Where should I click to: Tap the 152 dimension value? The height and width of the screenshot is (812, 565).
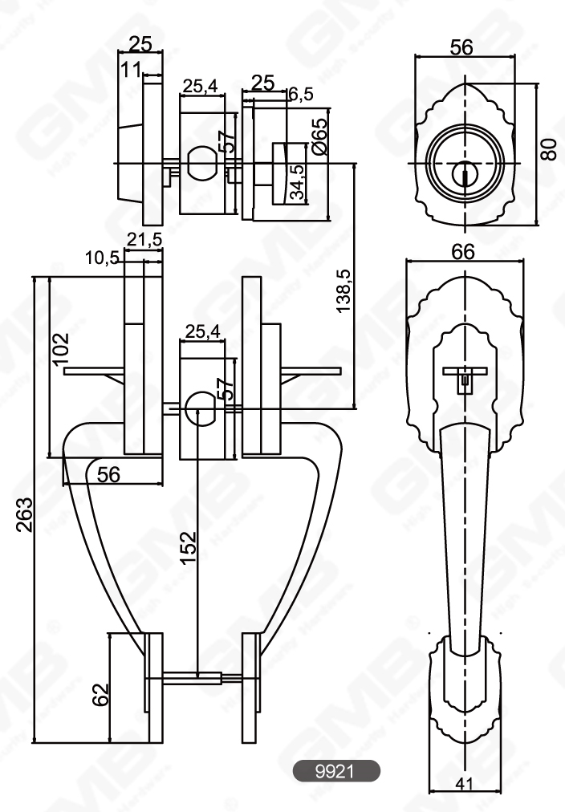[x=187, y=548]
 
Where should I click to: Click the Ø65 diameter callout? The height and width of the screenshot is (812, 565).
[x=319, y=136]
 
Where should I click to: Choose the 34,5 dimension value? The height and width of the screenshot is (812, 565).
[x=296, y=183]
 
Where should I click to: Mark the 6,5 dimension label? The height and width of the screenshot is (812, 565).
[x=300, y=95]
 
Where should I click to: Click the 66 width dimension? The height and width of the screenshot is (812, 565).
[x=462, y=252]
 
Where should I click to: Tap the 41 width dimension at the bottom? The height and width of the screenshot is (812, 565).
[x=463, y=788]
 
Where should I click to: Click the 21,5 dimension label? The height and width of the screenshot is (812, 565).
[x=144, y=239]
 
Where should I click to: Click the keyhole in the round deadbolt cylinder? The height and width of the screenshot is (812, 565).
[x=464, y=173]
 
